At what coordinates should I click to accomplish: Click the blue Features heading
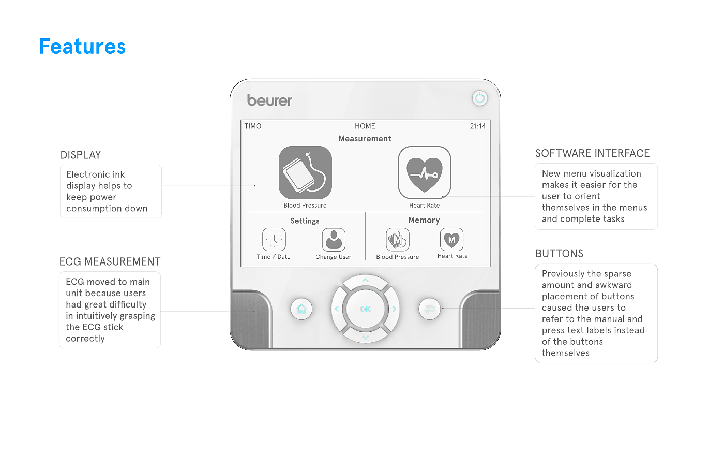tap(82, 46)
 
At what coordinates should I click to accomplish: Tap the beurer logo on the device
tap(269, 100)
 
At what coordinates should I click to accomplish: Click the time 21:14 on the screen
tap(478, 126)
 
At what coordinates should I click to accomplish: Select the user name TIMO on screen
tap(253, 126)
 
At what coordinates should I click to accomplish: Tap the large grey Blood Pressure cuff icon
tap(305, 172)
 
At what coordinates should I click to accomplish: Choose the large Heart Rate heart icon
tap(425, 172)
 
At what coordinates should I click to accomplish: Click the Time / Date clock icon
tap(274, 239)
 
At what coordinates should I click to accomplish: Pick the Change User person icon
tap(334, 239)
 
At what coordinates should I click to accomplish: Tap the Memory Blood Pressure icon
tap(398, 239)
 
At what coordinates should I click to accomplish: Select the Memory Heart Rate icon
tap(451, 239)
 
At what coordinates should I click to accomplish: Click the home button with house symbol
tap(301, 309)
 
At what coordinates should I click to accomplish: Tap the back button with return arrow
tap(430, 309)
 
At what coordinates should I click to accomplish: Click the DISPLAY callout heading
tap(81, 155)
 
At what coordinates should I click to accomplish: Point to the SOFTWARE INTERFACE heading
tap(593, 153)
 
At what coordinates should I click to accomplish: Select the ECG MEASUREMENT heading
tap(110, 261)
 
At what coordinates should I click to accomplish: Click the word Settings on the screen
tap(305, 221)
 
